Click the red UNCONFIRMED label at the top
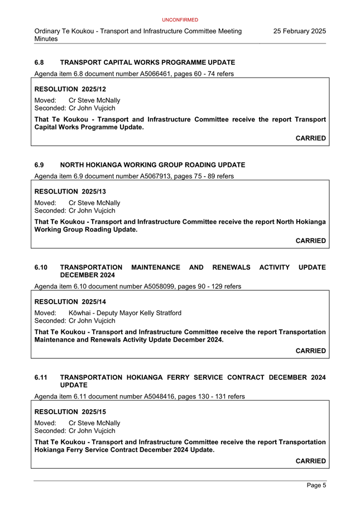180,20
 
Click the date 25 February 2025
299,31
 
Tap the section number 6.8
39,63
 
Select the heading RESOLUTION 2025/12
70,89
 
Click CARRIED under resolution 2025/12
310,138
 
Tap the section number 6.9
39,165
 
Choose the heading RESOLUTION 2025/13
70,191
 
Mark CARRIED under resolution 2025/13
310,241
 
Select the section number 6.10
41,268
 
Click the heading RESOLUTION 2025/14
70,302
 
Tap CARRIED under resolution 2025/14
310,351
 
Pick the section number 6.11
41,378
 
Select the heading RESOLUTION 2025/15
70,412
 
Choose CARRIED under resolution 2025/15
310,461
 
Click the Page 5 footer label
316,486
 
